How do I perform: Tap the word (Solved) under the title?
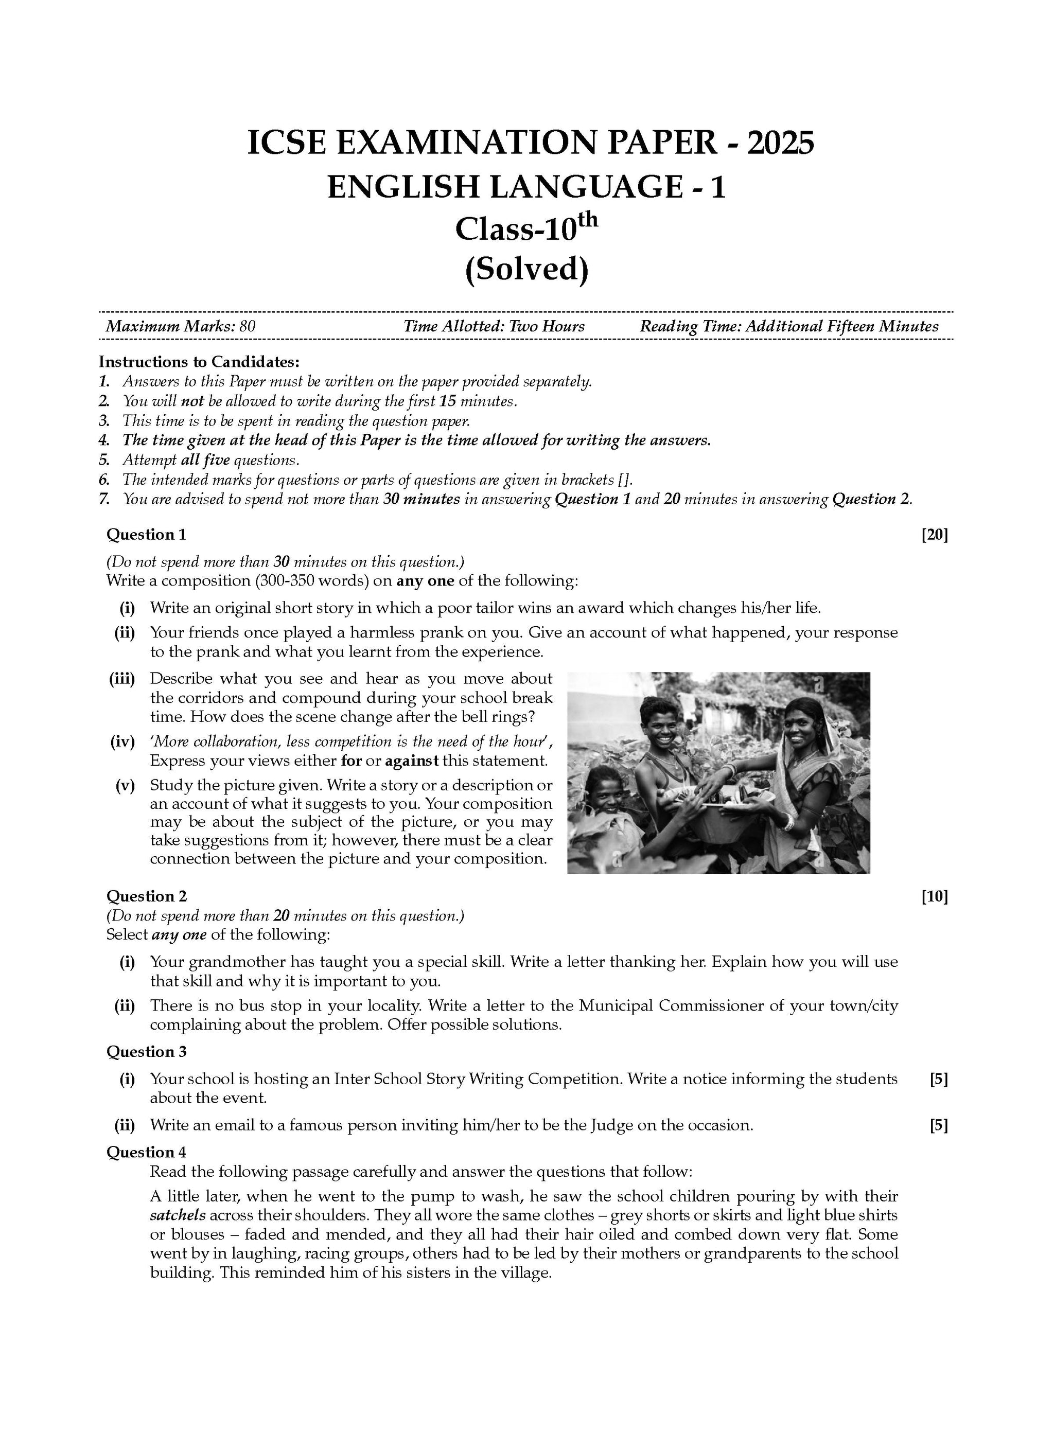tap(526, 268)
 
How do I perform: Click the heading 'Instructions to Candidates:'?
tap(199, 362)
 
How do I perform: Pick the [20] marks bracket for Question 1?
tap(934, 535)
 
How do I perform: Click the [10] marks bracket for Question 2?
tap(934, 896)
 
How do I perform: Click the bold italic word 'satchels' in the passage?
tap(177, 1215)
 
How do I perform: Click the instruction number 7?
tap(104, 499)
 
